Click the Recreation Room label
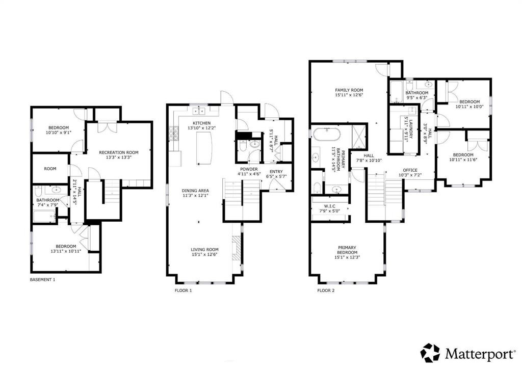pyautogui.click(x=118, y=152)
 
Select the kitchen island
pyautogui.click(x=204, y=148)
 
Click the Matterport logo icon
pyautogui.click(x=430, y=353)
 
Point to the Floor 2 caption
pyautogui.click(x=326, y=291)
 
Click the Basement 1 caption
pyautogui.click(x=43, y=279)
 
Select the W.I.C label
pyautogui.click(x=330, y=206)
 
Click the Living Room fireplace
pyautogui.click(x=236, y=248)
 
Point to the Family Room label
pyautogui.click(x=349, y=90)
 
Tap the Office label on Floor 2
pyautogui.click(x=410, y=170)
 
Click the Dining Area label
pyautogui.click(x=195, y=191)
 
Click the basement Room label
pyautogui.click(x=50, y=169)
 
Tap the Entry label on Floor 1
pyautogui.click(x=276, y=172)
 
